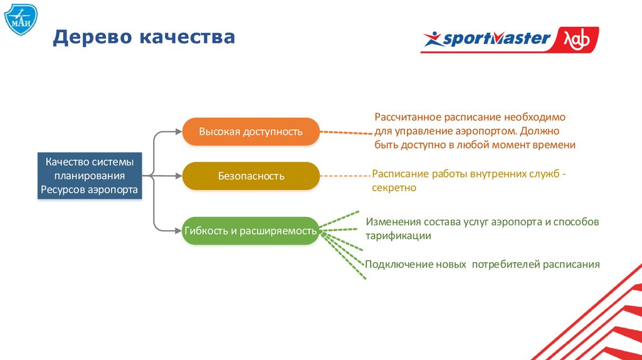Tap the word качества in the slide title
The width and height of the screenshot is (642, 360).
click(187, 37)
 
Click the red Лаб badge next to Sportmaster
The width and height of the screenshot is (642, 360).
click(576, 39)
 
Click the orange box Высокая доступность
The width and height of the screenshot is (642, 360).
click(251, 132)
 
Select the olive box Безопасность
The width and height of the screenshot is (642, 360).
click(251, 176)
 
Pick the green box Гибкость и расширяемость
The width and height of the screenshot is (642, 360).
click(251, 231)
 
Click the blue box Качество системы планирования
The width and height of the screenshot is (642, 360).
click(89, 176)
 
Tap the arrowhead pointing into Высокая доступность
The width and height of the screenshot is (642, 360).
click(178, 132)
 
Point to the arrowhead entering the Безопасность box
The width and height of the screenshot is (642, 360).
click(178, 176)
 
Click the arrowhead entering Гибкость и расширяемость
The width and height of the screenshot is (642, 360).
click(178, 231)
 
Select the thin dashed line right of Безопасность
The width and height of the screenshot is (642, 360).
click(345, 176)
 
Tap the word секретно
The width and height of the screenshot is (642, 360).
click(394, 188)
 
